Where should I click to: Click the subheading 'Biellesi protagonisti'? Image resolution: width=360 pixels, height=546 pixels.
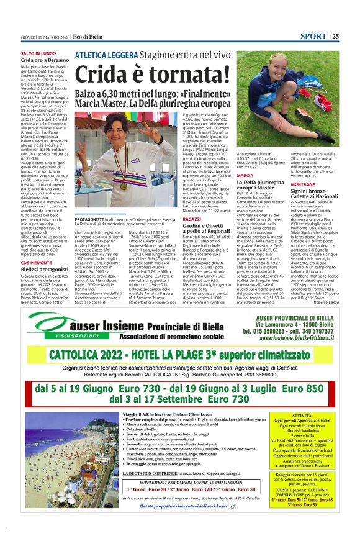(x=44, y=270)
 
